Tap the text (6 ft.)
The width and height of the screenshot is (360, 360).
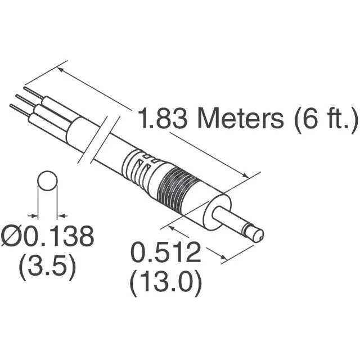click(x=322, y=120)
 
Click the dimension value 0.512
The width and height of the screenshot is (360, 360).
click(x=166, y=253)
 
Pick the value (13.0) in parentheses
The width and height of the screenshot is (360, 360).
click(x=166, y=282)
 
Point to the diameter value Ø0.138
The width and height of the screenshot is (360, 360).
click(x=47, y=237)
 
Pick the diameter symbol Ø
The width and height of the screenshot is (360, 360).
click(x=11, y=237)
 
